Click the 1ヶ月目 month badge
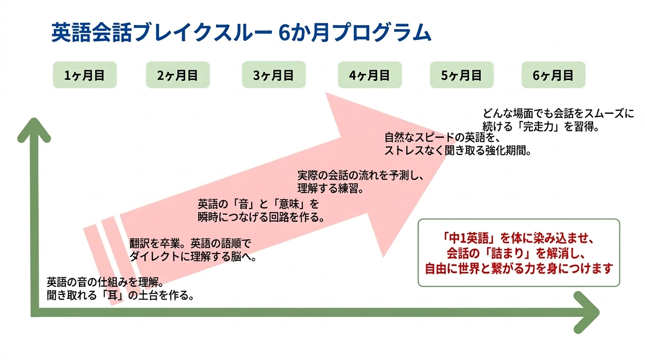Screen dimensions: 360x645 [x=84, y=75]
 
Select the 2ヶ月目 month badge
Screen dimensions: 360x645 [x=178, y=75]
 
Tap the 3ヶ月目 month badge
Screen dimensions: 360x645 [x=274, y=75]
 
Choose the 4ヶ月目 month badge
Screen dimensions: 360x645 [x=370, y=75]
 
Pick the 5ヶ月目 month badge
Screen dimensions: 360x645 [x=462, y=75]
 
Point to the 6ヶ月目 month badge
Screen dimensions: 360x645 [x=554, y=75]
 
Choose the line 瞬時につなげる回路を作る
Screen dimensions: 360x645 [x=262, y=217]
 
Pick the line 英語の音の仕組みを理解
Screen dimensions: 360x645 [x=105, y=283]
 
